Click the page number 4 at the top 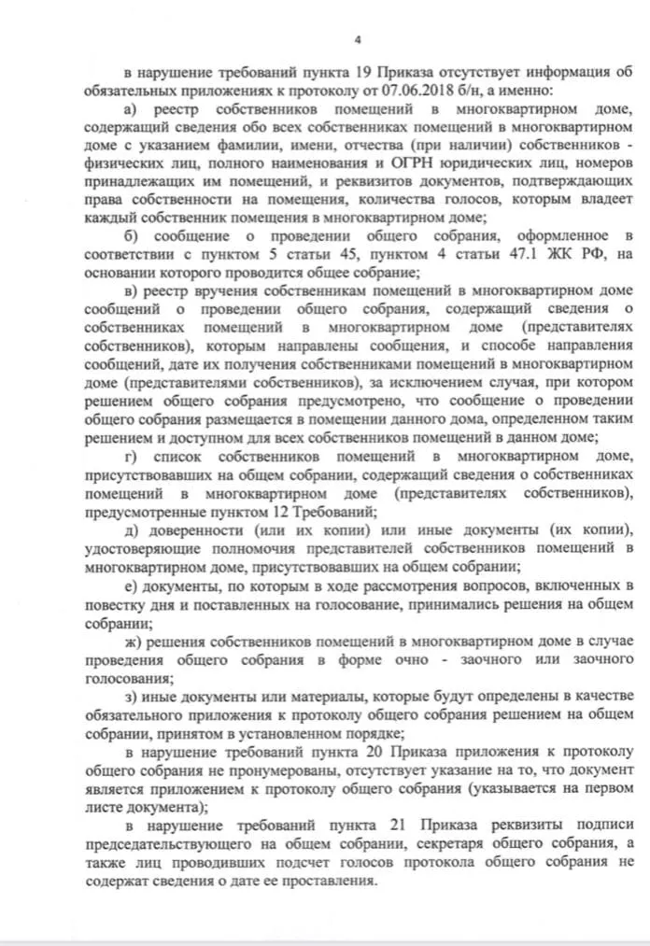click(358, 38)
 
